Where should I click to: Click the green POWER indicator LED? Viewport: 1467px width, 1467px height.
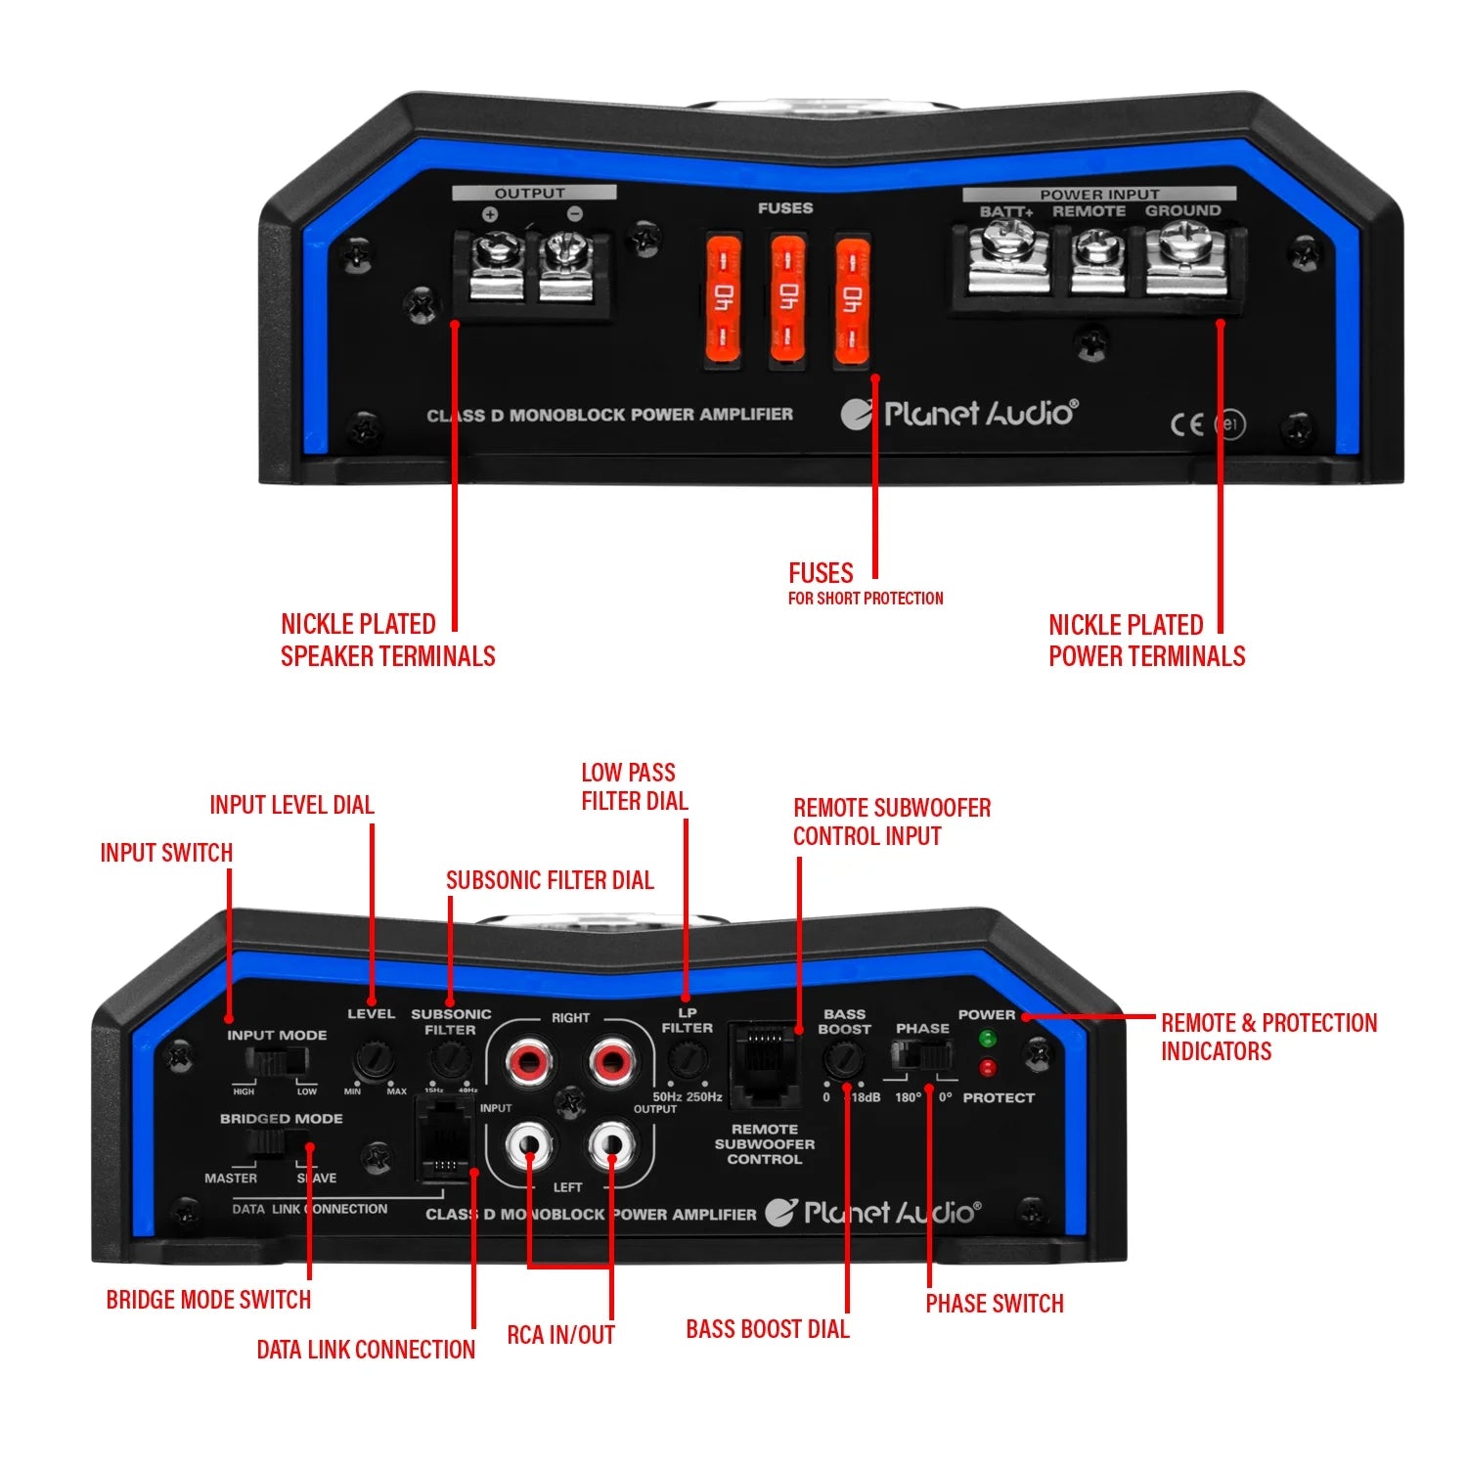pyautogui.click(x=987, y=1038)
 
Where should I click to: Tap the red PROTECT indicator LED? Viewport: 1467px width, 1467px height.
pyautogui.click(x=987, y=1067)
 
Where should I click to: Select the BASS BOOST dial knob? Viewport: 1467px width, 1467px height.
pyautogui.click(x=843, y=1058)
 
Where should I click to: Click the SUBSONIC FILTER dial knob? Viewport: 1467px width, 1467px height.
pyautogui.click(x=449, y=1057)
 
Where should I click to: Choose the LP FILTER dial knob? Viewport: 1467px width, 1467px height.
pyautogui.click(x=687, y=1058)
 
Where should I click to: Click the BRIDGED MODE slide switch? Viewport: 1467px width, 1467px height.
pyautogui.click(x=278, y=1143)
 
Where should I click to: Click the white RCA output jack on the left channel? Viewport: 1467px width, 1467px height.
pyautogui.click(x=610, y=1142)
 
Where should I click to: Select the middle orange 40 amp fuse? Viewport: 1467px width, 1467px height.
pyautogui.click(x=787, y=297)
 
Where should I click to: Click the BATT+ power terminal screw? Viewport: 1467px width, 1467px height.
pyautogui.click(x=1005, y=241)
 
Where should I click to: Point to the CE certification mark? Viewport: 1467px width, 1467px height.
pyautogui.click(x=1186, y=423)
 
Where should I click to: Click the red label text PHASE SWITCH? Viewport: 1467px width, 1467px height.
pyautogui.click(x=994, y=1304)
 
